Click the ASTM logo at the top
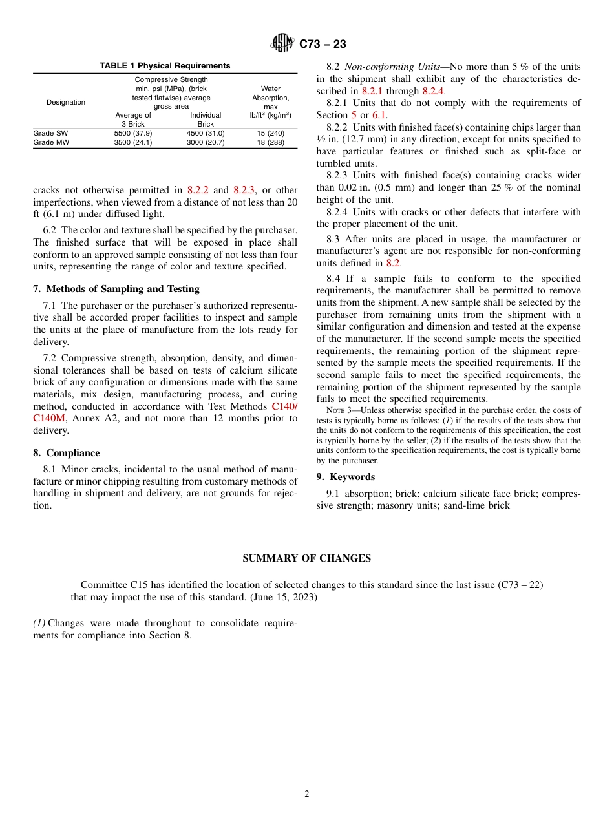tap(281, 43)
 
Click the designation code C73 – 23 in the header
tap(323, 44)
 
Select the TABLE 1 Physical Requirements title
tap(165, 66)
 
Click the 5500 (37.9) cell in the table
tap(133, 133)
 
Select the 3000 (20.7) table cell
tap(206, 142)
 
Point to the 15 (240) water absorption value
tap(270, 133)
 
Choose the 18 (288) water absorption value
tap(270, 142)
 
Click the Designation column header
tap(66, 102)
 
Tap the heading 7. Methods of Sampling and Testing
tap(116, 289)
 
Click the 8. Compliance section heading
tap(67, 453)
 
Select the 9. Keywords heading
tap(345, 477)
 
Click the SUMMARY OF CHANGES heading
tap(306, 558)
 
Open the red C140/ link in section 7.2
tap(284, 406)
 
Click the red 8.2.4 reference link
tap(433, 91)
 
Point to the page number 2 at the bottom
tap(307, 794)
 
